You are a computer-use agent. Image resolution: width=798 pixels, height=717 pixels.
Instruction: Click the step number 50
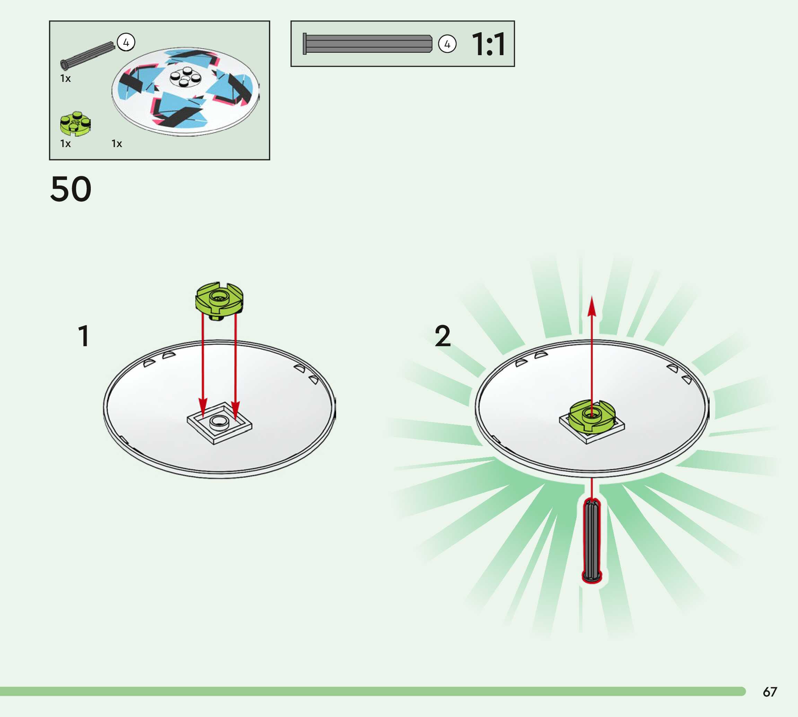click(x=71, y=189)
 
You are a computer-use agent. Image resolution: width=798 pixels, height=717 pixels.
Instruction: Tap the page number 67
click(x=770, y=692)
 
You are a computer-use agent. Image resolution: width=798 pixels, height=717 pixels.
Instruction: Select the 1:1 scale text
click(x=488, y=44)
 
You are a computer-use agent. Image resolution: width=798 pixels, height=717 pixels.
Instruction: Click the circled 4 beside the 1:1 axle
click(x=447, y=44)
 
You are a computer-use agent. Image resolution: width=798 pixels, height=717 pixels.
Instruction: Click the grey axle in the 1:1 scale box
click(x=368, y=44)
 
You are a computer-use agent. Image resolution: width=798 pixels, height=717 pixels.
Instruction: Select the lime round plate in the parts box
click(x=75, y=123)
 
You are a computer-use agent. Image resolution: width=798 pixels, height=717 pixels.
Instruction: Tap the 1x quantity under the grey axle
click(x=65, y=78)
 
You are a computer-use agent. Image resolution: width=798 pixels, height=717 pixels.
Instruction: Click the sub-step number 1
click(x=84, y=336)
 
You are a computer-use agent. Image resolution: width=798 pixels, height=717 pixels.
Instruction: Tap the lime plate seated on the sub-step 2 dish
click(x=591, y=415)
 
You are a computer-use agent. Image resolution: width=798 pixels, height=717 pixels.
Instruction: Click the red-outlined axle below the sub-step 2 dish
click(x=591, y=540)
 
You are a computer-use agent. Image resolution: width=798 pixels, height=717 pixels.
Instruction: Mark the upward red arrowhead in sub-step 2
click(x=591, y=307)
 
